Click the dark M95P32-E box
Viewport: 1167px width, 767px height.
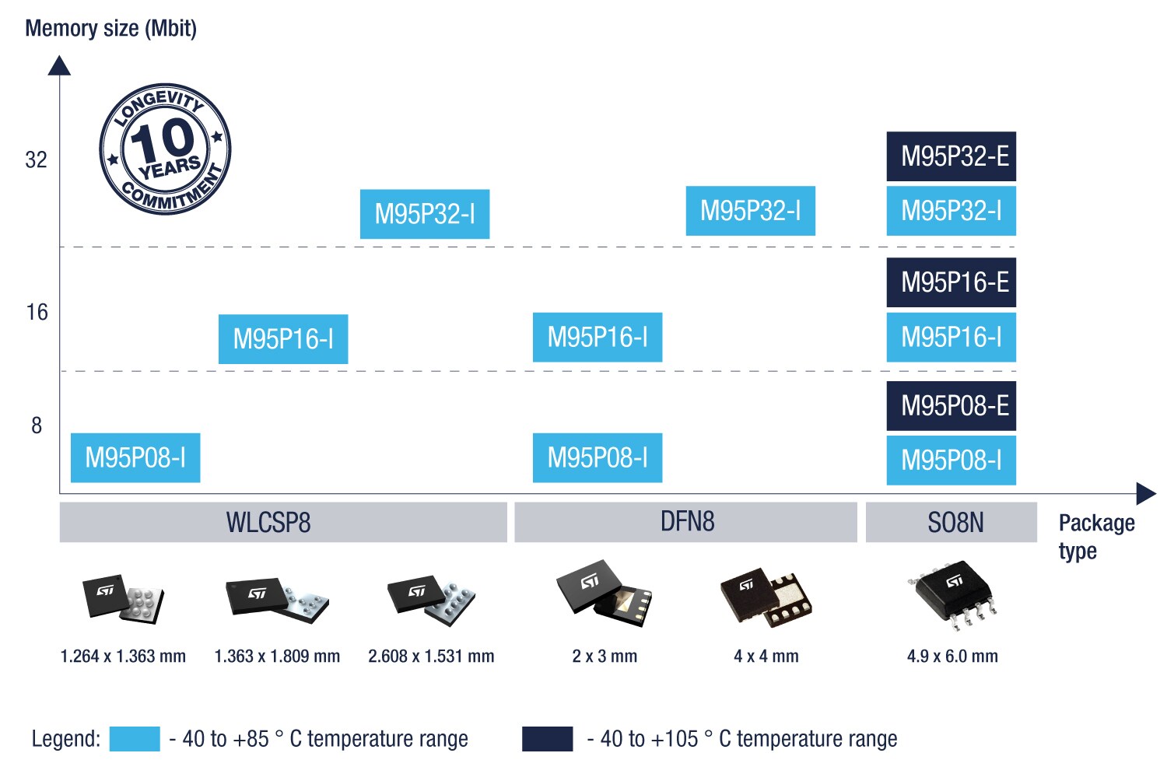point(951,156)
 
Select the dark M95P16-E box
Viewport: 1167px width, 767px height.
point(951,282)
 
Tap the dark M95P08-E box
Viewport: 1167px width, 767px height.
point(951,405)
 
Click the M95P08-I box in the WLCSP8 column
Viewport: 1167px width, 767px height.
point(135,457)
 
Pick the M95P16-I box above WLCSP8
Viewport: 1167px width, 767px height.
point(283,339)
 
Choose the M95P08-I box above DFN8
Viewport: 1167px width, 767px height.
point(598,457)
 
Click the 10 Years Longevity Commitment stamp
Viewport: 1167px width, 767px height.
point(165,149)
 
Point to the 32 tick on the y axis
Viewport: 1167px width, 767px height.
point(37,160)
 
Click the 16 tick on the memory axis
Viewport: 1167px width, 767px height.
point(37,313)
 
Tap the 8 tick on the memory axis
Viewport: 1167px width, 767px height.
point(37,426)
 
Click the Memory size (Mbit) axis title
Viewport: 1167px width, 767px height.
point(110,29)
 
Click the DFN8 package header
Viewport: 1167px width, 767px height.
point(686,522)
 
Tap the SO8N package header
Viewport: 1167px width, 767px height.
point(951,522)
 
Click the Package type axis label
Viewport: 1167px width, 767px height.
point(1095,536)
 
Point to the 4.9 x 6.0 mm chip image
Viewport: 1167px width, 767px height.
point(953,595)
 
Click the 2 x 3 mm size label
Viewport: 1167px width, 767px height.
point(605,657)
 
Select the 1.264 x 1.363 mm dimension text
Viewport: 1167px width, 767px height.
point(123,657)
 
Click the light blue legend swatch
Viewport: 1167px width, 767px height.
point(135,739)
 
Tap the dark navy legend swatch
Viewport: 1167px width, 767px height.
point(547,739)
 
